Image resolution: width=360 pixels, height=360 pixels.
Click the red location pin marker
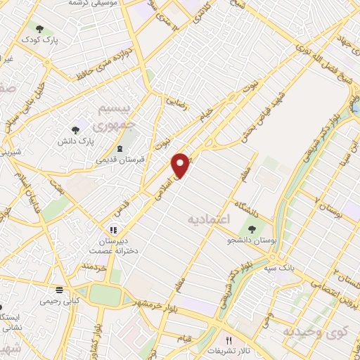point(181,165)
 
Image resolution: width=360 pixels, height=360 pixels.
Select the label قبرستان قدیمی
point(120,160)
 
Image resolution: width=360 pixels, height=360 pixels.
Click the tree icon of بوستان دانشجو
point(251,229)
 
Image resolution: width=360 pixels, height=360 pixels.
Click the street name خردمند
point(93,266)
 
